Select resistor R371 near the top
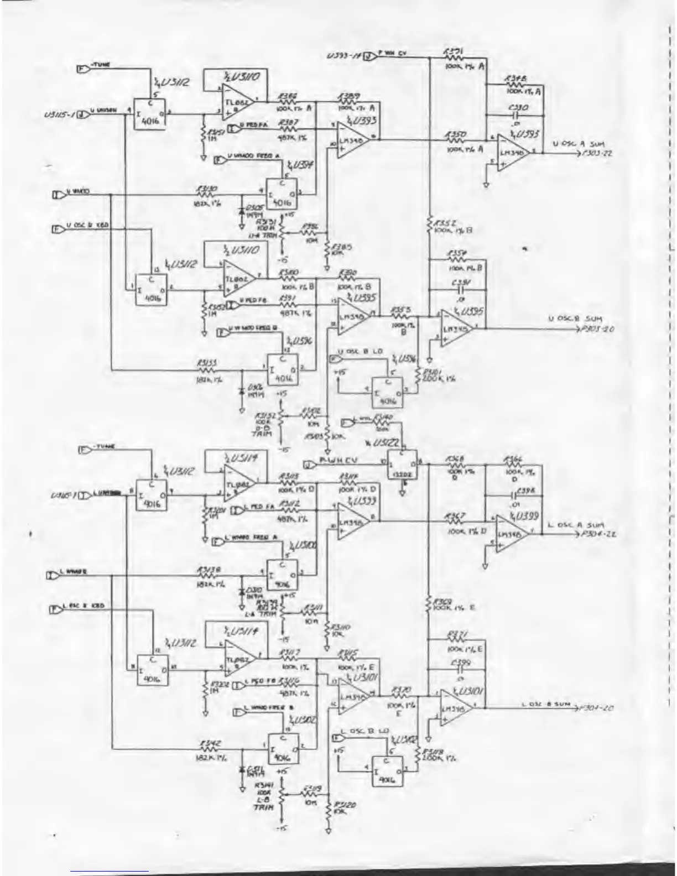click(x=454, y=57)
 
